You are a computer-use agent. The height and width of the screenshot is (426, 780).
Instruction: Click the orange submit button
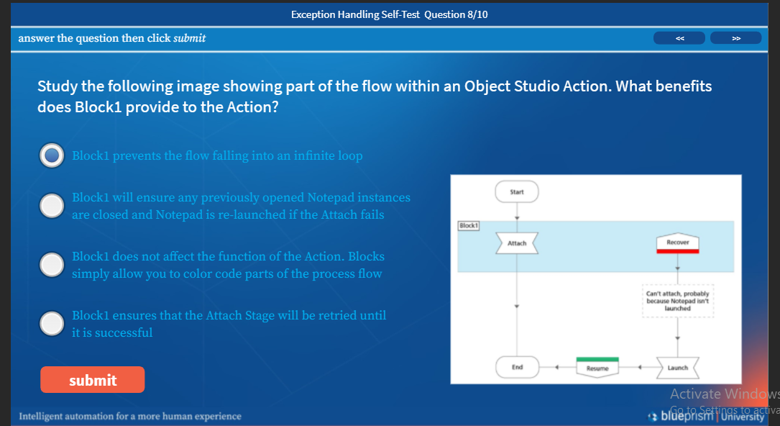point(92,380)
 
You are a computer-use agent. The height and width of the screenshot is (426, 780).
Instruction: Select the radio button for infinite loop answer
point(51,155)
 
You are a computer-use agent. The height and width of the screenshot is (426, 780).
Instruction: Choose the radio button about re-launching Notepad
point(51,206)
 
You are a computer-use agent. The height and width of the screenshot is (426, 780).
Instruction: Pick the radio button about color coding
point(51,265)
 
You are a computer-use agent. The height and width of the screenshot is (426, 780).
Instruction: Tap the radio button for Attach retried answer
point(51,324)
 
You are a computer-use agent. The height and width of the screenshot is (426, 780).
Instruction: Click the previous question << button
point(679,38)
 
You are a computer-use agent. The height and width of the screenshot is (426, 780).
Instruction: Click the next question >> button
point(735,38)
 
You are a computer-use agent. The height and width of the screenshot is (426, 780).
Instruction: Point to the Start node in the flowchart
point(517,192)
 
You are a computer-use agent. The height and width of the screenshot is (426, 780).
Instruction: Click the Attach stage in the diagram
point(517,243)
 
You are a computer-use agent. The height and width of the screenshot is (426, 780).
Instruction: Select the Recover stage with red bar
point(677,243)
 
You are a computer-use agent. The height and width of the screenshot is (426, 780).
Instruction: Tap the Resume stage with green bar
point(597,367)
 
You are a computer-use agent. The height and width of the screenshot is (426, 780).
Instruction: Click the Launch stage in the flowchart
point(677,368)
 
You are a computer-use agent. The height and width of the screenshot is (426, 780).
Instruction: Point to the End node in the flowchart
point(517,367)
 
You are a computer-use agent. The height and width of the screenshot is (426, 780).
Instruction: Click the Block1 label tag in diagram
point(468,225)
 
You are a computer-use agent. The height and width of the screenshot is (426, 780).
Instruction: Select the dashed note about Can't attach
point(677,301)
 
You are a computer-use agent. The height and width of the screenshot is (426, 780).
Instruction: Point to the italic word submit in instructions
point(190,38)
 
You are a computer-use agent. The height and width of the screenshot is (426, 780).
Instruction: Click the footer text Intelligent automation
point(130,416)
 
